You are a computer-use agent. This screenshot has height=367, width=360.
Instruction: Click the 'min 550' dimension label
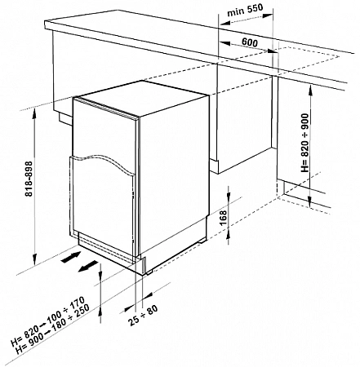click(245, 11)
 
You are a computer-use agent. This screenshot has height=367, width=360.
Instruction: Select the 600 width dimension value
click(250, 42)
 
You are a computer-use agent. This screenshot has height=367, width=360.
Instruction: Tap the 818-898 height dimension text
click(29, 179)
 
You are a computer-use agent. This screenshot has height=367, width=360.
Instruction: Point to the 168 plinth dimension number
click(223, 218)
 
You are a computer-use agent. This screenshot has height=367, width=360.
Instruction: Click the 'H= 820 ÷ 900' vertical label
click(305, 143)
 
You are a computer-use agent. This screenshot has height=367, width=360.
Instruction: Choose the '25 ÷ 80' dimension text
click(143, 316)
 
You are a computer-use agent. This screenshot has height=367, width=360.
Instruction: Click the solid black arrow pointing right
click(71, 257)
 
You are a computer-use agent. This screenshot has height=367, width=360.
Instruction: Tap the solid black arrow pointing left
click(87, 266)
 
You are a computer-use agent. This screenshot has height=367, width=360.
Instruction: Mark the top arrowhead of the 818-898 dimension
click(34, 115)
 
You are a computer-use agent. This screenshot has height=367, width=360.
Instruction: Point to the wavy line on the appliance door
click(104, 161)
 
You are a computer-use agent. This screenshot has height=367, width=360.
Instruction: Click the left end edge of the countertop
click(48, 25)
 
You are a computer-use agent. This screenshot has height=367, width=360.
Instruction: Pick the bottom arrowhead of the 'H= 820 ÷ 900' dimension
click(309, 201)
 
